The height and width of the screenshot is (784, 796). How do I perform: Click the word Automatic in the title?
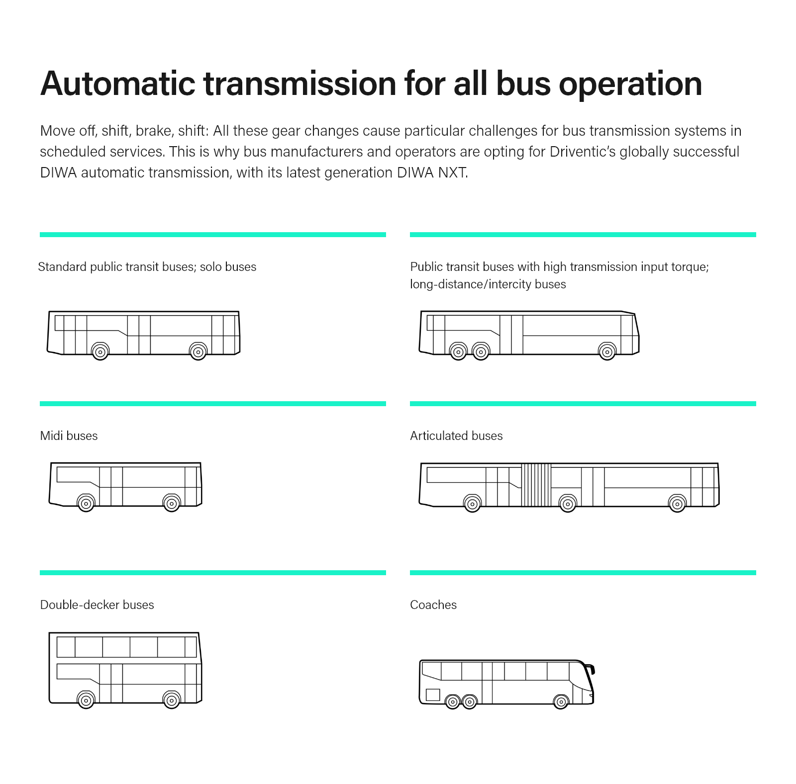tap(118, 84)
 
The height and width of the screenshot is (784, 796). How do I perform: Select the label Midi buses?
tap(69, 436)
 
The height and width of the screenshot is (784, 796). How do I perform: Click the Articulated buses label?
tap(456, 436)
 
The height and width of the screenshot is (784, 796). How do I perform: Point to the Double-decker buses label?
tap(97, 605)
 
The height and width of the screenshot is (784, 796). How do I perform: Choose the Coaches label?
tap(433, 605)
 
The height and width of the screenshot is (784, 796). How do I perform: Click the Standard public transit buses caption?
tap(147, 267)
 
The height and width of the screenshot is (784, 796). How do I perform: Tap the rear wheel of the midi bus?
tap(172, 504)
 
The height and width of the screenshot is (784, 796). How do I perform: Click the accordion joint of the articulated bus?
tap(536, 485)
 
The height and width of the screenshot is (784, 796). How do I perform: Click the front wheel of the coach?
tap(561, 702)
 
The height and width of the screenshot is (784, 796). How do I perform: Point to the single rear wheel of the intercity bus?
tap(607, 352)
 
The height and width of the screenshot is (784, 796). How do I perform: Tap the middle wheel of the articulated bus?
tap(568, 504)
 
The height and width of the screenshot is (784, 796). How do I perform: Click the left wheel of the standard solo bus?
tap(100, 352)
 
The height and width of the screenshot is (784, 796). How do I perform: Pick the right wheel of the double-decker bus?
tap(172, 700)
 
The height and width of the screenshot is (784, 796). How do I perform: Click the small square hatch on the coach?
tap(433, 695)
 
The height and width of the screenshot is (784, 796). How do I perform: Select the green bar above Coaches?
tap(583, 573)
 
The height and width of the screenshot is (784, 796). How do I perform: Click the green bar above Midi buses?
tap(212, 404)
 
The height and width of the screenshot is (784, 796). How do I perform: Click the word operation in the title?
tap(630, 84)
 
